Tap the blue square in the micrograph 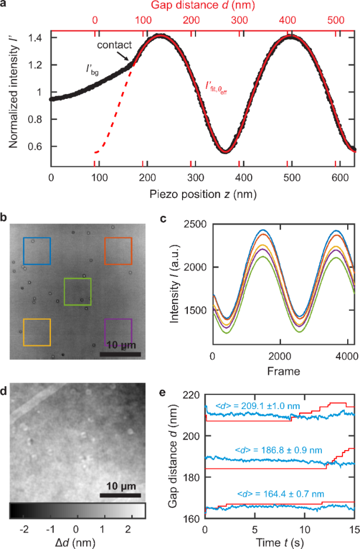(x=36, y=251)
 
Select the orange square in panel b (x=118, y=251)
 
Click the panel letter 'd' (x=5, y=377)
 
